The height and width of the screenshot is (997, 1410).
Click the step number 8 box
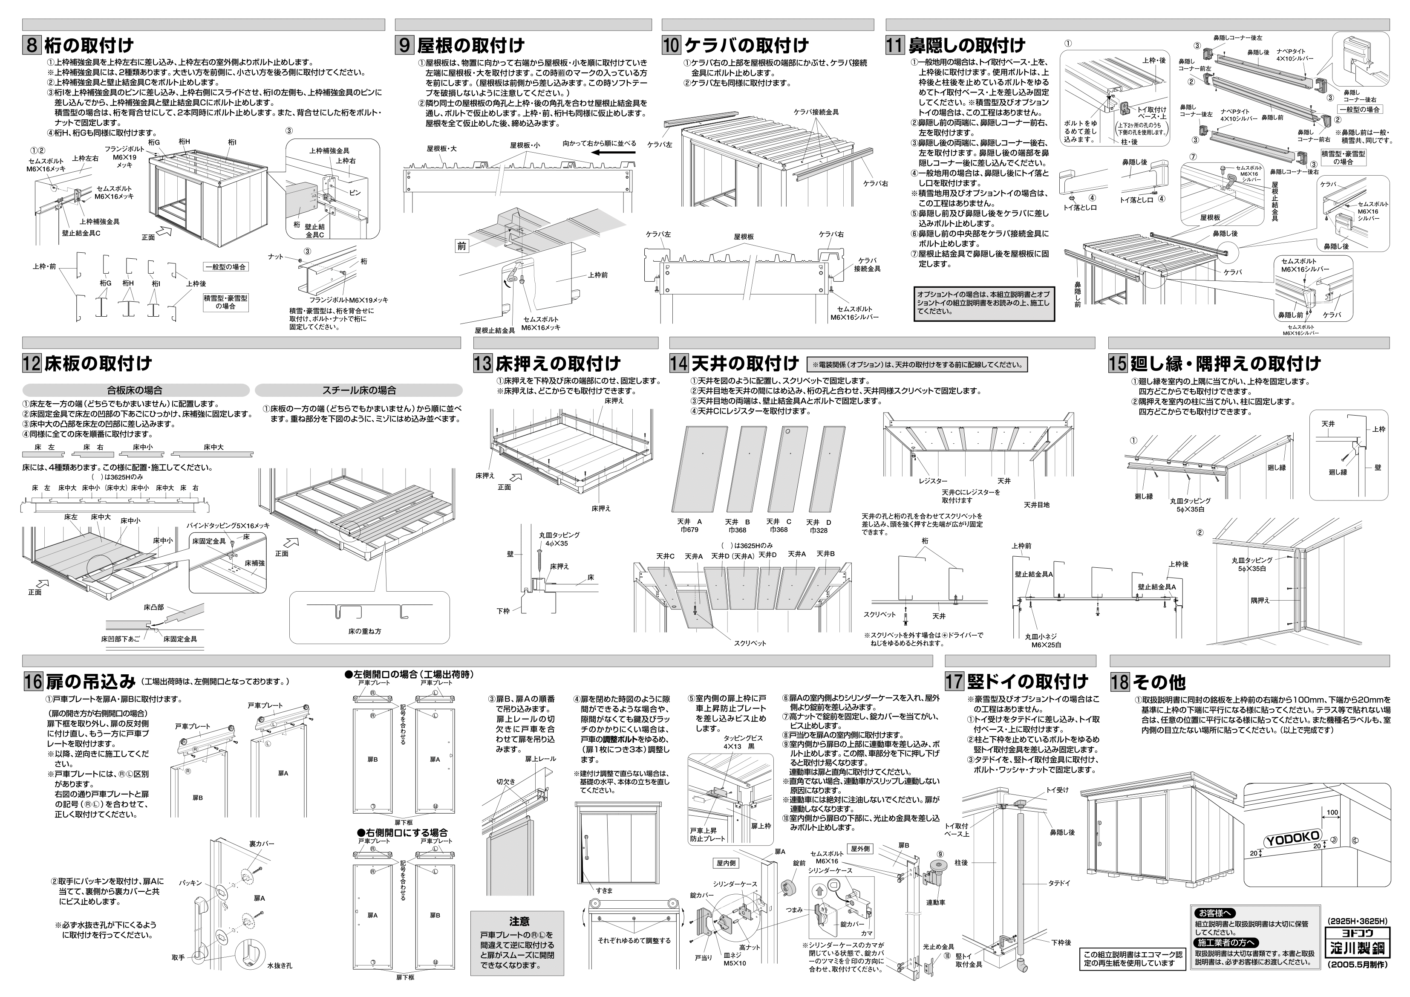pos(32,46)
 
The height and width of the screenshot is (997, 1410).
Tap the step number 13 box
pos(483,363)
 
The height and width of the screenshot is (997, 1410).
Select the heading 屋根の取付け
pos(470,46)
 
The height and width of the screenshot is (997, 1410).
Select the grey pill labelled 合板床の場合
pos(135,390)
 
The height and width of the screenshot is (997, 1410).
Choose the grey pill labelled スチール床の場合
pos(359,390)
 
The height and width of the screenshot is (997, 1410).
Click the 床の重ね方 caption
pos(365,631)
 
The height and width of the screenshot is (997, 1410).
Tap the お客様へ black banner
pos(1215,913)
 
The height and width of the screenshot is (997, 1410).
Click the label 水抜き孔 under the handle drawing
pos(276,983)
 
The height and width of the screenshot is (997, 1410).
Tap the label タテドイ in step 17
pos(1059,883)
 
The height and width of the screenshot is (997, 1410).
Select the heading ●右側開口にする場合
pos(402,832)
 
